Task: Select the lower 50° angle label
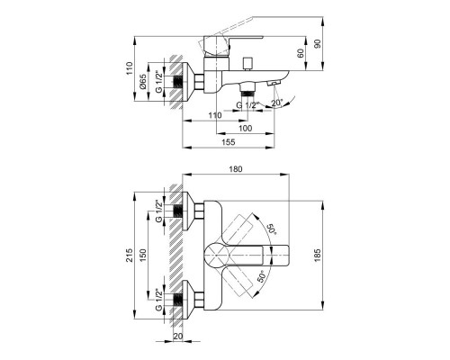pyautogui.click(x=261, y=276)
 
